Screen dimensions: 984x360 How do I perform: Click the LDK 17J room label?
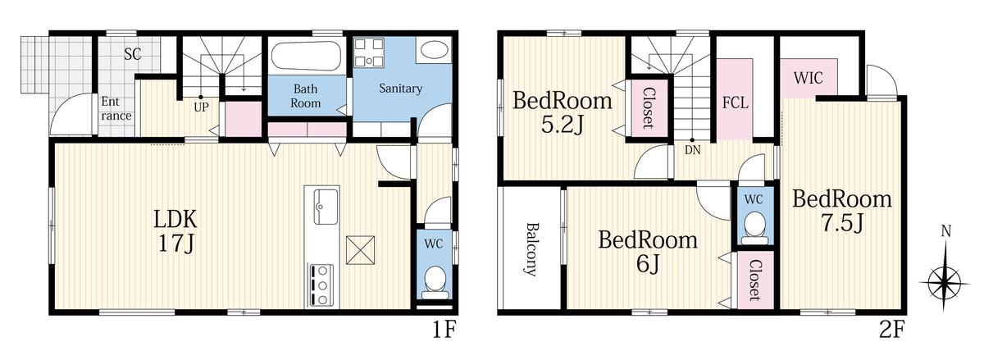pos(175,230)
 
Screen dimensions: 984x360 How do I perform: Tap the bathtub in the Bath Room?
pos(306,56)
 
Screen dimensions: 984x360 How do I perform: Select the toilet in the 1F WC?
pos(435,282)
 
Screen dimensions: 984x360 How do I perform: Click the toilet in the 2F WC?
pos(755,228)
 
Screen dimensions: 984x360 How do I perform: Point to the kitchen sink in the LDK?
pos(326,206)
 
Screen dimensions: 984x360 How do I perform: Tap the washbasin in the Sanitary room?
pos(434,50)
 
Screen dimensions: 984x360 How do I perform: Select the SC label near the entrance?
pos(132,54)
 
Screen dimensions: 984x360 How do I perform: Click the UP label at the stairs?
pos(201,107)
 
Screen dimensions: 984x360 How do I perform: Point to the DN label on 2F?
pos(692,150)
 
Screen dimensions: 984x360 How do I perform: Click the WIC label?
pos(809,78)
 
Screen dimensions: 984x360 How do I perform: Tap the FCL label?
pos(736,103)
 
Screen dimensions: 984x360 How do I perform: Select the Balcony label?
pos(532,249)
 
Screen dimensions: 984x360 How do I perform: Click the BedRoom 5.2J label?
pos(563,112)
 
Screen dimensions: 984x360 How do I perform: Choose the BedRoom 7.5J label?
pos(842,211)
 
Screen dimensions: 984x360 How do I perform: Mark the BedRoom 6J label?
pos(648,252)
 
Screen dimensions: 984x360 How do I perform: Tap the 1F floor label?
pos(444,330)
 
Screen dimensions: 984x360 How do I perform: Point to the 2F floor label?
pos(891,330)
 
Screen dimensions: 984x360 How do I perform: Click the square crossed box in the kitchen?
pos(360,250)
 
